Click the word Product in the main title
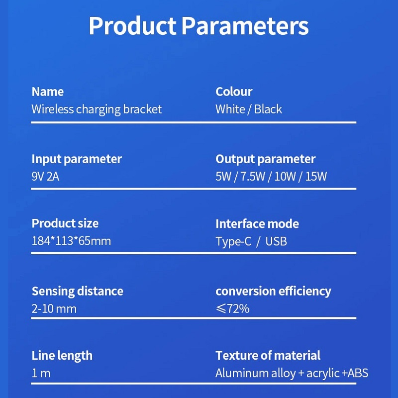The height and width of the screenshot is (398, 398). point(132,26)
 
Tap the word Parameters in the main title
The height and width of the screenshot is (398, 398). point(245,26)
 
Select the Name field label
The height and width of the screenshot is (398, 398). point(47,92)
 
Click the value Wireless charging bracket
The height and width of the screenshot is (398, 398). point(97,109)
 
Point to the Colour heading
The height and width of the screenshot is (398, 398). point(234,92)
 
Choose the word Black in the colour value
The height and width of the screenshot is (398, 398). point(268,109)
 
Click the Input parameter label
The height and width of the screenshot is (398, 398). point(77,159)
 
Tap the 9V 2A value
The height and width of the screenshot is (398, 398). point(45,177)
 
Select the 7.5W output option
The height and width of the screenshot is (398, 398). point(253,177)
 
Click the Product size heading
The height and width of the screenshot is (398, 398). point(65,223)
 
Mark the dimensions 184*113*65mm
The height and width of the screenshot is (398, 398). point(71,241)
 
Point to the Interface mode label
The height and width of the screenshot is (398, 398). point(257,224)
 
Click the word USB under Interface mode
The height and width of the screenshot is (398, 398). point(276,241)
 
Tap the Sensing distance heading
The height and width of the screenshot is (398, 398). point(78,291)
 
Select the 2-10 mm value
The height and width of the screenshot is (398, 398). point(54,308)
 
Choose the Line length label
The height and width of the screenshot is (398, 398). point(62,356)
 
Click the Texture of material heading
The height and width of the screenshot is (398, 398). point(268,355)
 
